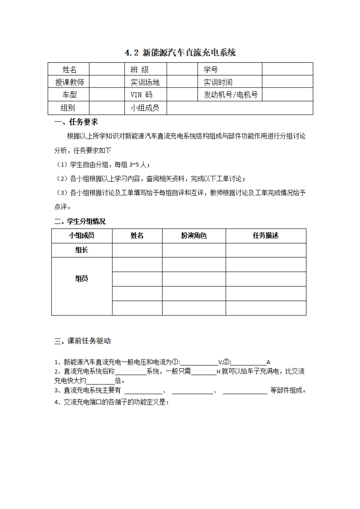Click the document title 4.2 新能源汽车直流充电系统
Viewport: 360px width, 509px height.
pyautogui.click(x=180, y=53)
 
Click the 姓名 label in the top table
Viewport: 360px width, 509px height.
pyautogui.click(x=69, y=69)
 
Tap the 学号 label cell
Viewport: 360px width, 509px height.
pyautogui.click(x=211, y=69)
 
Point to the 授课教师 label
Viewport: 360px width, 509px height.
pyautogui.click(x=69, y=82)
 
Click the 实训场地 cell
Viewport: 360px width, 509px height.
pyautogui.click(x=145, y=82)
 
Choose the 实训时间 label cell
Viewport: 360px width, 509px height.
pyautogui.click(x=218, y=82)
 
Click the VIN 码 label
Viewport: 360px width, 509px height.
pyautogui.click(x=141, y=95)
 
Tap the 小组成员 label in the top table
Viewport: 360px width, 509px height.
pyautogui.click(x=145, y=108)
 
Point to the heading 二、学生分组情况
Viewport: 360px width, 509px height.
pyautogui.click(x=80, y=221)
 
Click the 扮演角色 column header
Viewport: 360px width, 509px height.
pyautogui.click(x=194, y=236)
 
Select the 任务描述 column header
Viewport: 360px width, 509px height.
pyautogui.click(x=265, y=236)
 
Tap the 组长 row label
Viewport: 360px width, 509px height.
pyautogui.click(x=82, y=250)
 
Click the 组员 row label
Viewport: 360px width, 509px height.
pyautogui.click(x=82, y=278)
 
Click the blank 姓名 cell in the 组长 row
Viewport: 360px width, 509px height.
pyautogui.click(x=137, y=250)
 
